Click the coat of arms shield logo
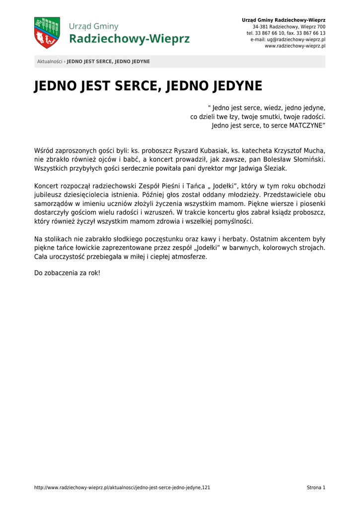pos(47,33)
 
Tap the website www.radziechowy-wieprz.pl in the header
pos(295,46)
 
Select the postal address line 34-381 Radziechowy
pos(289,26)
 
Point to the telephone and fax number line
pos(286,33)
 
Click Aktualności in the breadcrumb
pos(50,62)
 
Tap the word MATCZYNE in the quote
pos(307,126)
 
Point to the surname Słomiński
pos(305,160)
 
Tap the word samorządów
pos(53,204)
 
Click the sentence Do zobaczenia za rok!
pos(67,273)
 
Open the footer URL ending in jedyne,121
pos(122,488)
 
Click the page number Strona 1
pos(316,488)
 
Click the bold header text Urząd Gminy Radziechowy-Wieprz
pos(284,20)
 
